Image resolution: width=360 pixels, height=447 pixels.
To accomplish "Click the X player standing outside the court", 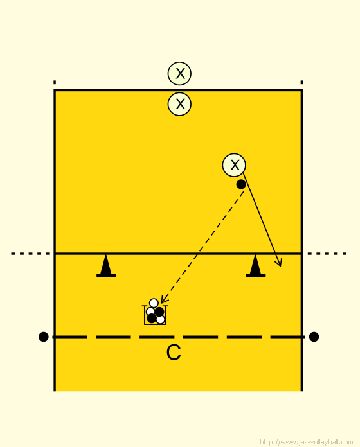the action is (x=179, y=74).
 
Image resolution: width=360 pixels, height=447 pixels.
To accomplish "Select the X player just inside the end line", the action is (x=179, y=104).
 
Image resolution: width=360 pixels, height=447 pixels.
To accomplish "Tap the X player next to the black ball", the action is (x=234, y=165).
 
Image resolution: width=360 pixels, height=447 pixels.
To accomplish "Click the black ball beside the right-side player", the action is (x=241, y=184).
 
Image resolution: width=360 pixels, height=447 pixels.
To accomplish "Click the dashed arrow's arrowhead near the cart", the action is (x=164, y=299).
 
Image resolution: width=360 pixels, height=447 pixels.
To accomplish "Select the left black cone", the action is (x=106, y=266).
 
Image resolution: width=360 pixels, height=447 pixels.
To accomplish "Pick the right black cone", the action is (x=256, y=266).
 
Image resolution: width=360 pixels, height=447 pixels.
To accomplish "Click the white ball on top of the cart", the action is (x=154, y=302).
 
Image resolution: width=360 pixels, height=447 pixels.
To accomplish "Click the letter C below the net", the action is (x=174, y=353).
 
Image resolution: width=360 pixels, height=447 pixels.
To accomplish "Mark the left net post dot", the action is (x=43, y=337).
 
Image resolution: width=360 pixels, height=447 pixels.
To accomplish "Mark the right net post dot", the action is (x=314, y=337).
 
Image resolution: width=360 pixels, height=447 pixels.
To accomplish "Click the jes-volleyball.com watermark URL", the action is (x=307, y=442).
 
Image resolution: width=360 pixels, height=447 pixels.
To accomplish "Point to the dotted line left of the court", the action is (x=30, y=254).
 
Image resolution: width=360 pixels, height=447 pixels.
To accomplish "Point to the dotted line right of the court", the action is (x=327, y=254).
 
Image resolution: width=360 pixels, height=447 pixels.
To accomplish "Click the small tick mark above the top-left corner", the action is (x=55, y=82).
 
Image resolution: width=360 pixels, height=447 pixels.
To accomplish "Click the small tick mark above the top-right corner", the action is (x=301, y=82).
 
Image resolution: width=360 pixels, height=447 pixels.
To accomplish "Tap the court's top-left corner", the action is (x=55, y=91).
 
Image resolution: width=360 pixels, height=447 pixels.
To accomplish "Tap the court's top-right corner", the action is (x=301, y=91).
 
